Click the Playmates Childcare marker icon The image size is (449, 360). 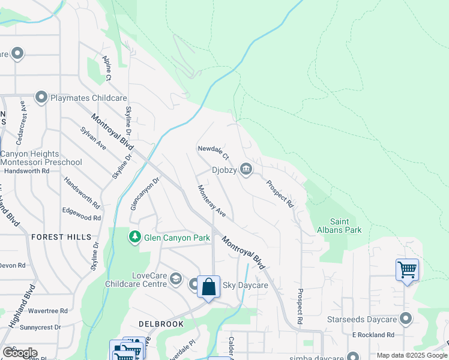[41, 97]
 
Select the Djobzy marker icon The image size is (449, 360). [246, 170]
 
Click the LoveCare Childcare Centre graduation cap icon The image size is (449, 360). [176, 278]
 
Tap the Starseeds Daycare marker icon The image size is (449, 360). [406, 319]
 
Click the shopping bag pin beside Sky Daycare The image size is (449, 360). [208, 287]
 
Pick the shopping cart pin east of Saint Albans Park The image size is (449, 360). [407, 269]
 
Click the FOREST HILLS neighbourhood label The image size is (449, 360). [62, 237]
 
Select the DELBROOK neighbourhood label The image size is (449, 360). [160, 323]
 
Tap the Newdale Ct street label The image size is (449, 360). [214, 152]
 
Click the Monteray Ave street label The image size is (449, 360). [212, 201]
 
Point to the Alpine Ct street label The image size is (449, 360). [107, 69]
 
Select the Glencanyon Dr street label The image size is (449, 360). [145, 193]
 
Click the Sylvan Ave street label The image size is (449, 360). [93, 139]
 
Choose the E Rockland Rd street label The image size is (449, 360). [373, 334]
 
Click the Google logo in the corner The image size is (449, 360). [20, 353]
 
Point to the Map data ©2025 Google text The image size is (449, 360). [412, 355]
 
